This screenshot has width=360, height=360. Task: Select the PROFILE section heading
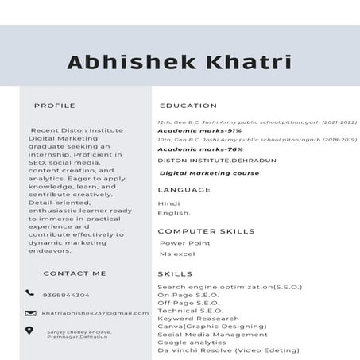point(54,105)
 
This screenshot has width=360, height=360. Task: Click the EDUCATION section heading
point(188,105)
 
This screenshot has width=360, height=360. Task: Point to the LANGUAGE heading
point(184,190)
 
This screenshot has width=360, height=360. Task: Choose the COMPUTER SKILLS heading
point(206,231)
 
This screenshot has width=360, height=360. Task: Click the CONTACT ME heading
point(74,273)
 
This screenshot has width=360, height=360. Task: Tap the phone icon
point(29,293)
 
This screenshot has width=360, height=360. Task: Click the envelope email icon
point(29,313)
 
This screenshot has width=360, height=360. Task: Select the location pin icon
point(29,331)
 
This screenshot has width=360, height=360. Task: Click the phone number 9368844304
point(66,295)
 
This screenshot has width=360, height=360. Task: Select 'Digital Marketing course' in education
point(209,172)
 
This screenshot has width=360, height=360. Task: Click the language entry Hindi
point(168,203)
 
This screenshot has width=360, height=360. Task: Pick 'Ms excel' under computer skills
point(176,254)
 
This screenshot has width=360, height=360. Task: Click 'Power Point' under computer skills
point(184,243)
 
